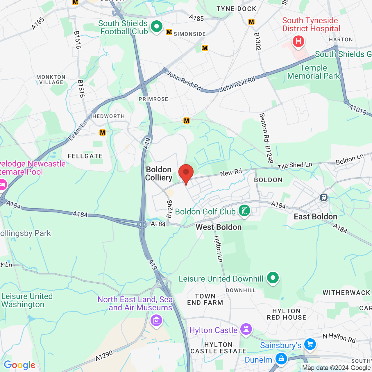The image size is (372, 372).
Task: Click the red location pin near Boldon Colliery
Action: (x=186, y=173)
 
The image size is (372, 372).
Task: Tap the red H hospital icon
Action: (x=298, y=41)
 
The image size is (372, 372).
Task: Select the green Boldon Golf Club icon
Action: (x=244, y=211)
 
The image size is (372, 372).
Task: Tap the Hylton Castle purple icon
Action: (x=246, y=330)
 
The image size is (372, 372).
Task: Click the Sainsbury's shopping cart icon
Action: (x=310, y=344)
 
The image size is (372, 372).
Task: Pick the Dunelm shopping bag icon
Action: (x=281, y=359)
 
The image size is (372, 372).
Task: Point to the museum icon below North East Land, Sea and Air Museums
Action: (x=156, y=321)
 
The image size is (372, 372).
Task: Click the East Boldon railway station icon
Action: (x=323, y=198)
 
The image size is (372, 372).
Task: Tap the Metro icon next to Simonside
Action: (x=169, y=32)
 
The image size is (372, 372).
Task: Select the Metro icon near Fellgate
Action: (x=103, y=133)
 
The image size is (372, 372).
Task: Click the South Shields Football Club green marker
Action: (x=157, y=27)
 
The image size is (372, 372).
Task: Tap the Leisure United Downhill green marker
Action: (x=273, y=278)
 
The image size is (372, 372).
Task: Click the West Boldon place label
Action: (x=219, y=227)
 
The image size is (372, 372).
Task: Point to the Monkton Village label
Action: (x=51, y=80)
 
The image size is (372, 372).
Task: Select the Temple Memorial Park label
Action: (x=313, y=72)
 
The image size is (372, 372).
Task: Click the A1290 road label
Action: (x=104, y=356)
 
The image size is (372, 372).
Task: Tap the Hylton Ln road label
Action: (x=218, y=249)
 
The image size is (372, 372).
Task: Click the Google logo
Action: (x=19, y=365)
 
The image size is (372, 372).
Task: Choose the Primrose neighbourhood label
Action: (x=153, y=99)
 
